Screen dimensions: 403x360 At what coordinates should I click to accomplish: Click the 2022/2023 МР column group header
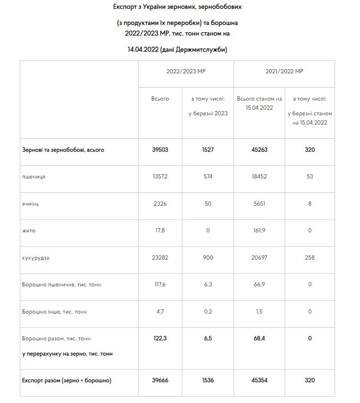click(186, 72)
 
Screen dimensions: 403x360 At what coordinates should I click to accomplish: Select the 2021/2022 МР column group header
click(284, 72)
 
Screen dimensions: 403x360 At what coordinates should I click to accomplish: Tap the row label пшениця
click(34, 177)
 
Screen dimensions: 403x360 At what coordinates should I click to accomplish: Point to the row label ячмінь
click(31, 204)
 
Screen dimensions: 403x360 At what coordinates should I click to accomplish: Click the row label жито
click(29, 231)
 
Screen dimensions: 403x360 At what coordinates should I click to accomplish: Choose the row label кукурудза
click(36, 258)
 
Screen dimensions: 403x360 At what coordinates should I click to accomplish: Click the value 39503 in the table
click(160, 150)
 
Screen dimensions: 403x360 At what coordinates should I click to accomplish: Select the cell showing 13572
click(160, 177)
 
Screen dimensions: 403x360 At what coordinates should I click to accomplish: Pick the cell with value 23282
click(160, 258)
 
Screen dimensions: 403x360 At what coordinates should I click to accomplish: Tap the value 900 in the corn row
click(208, 258)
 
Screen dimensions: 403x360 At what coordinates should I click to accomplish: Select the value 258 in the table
click(310, 258)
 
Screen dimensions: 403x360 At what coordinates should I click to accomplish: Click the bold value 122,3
click(160, 338)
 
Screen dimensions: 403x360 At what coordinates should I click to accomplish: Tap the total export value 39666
click(160, 380)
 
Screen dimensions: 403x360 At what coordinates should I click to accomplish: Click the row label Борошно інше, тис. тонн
click(55, 312)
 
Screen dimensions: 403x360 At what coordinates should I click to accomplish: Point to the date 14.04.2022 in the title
click(143, 49)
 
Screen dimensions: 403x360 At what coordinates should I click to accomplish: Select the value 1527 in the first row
click(208, 150)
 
